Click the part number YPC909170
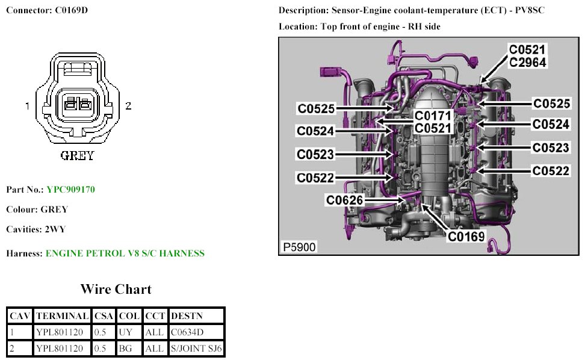click(70, 190)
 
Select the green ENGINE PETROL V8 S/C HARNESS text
click(125, 253)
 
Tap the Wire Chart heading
click(116, 290)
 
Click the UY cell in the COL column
click(125, 332)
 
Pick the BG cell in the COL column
click(125, 348)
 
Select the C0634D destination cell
click(188, 332)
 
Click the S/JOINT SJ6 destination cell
click(196, 348)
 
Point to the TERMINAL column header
click(63, 315)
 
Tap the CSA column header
click(104, 315)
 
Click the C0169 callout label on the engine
click(466, 237)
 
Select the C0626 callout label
click(345, 200)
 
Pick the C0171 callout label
click(433, 116)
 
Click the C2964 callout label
click(528, 61)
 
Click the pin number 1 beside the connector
click(27, 106)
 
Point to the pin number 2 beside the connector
click(128, 106)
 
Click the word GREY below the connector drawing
click(78, 156)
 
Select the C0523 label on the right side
click(551, 148)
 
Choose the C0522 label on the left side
click(315, 178)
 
